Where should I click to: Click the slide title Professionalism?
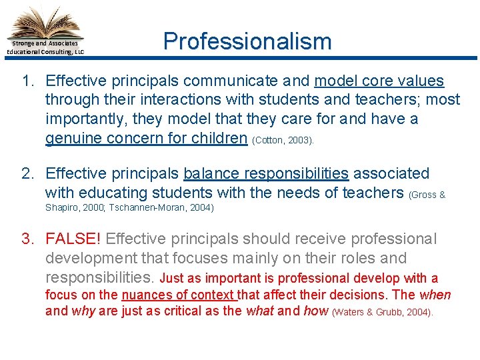pos(247,41)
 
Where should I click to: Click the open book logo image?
pos(46,21)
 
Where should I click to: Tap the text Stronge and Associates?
pos(46,43)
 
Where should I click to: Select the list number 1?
pos(27,81)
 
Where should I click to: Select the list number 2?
pos(27,174)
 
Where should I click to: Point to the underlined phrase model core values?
pos(379,81)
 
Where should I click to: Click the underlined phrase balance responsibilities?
pos(266,174)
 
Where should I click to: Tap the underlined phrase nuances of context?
pos(179,295)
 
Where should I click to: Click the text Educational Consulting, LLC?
pos(45,51)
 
